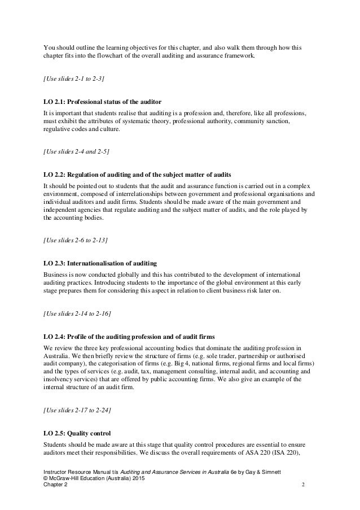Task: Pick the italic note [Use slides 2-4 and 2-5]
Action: pos(76,151)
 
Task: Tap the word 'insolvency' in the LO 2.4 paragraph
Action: pos(60,380)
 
